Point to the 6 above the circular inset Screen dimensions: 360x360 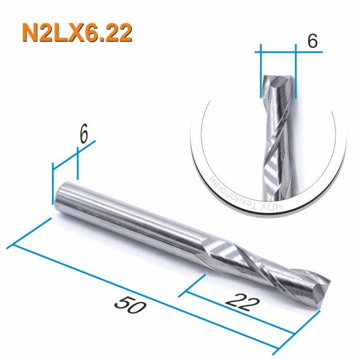tap(312, 41)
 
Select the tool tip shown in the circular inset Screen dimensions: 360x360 tap(278, 82)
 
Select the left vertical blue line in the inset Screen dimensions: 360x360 tap(261, 72)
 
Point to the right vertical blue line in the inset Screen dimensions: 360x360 tap(297, 72)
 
